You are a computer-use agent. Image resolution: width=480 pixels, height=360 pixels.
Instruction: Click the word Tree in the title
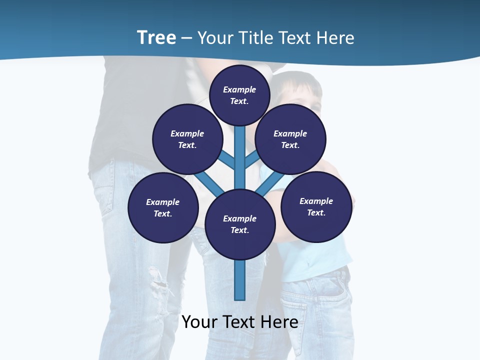point(156,37)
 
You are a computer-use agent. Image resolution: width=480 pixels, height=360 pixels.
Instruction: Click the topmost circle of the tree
point(239,95)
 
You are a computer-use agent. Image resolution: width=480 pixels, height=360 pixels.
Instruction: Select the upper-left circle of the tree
point(187,139)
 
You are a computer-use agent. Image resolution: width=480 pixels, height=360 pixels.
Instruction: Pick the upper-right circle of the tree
point(290,139)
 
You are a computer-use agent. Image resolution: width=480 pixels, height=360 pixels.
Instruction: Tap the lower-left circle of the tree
point(163,207)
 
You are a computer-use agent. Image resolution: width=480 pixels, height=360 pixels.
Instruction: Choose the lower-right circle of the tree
point(316,206)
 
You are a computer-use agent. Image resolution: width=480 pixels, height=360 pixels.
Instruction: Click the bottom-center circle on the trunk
point(240,224)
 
